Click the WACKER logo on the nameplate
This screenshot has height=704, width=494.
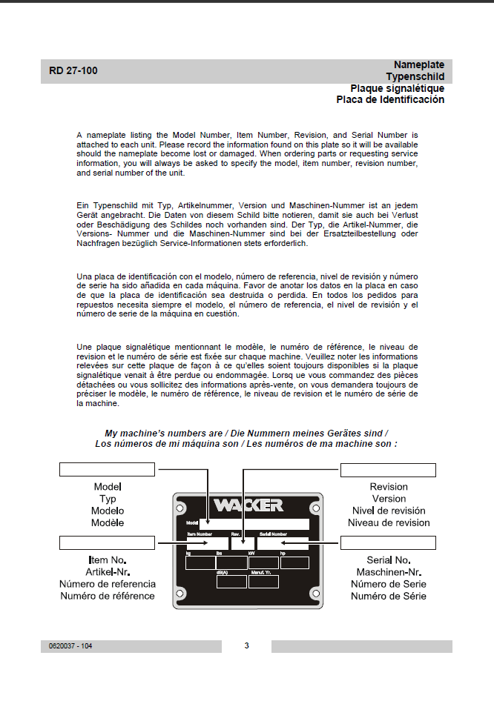click(248, 506)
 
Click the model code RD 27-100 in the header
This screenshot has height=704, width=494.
click(73, 71)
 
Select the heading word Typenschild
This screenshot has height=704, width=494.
click(415, 76)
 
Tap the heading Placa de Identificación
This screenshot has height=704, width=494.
click(390, 99)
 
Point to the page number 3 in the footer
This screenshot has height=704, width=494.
click(246, 646)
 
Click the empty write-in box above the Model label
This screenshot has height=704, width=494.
click(107, 469)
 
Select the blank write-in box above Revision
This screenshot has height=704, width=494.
click(388, 469)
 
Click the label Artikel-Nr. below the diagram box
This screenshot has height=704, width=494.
click(108, 572)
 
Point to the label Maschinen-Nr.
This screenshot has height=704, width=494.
click(389, 572)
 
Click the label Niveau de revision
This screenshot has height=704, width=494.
click(389, 522)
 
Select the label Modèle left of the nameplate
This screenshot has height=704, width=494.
click(108, 522)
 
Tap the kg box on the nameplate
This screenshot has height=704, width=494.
click(200, 562)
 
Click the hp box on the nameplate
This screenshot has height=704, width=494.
click(294, 562)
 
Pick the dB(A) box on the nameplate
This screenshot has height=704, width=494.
click(231, 582)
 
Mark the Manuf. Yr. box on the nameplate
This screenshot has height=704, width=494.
click(263, 582)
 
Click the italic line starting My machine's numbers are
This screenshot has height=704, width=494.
click(246, 433)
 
